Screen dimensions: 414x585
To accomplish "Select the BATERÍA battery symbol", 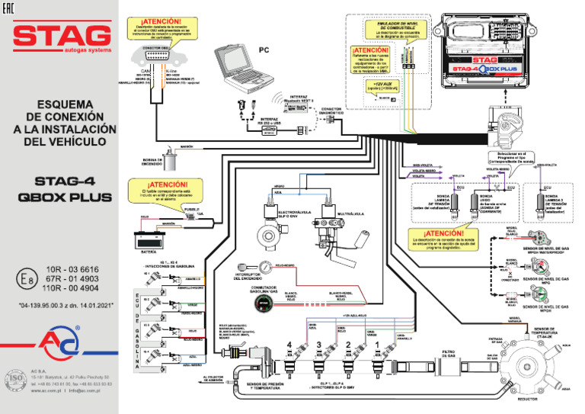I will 149,239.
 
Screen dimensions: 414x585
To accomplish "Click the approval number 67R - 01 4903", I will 73,279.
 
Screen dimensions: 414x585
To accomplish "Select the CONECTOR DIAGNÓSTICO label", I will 331,111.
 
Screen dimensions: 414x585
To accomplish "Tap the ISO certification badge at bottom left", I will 16,379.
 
